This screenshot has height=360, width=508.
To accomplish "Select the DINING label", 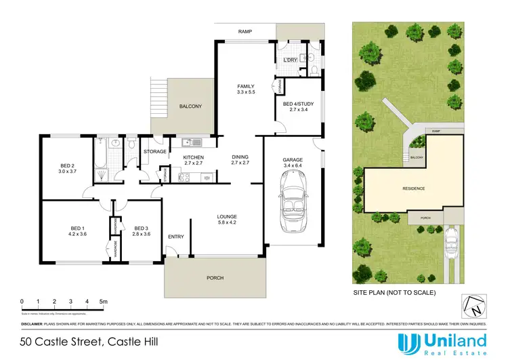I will [x=240, y=159].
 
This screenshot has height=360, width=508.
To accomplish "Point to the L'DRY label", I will [x=290, y=61].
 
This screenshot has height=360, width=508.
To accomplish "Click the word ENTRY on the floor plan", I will [x=175, y=237].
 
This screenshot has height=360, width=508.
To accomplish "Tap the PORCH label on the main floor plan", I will [x=215, y=278].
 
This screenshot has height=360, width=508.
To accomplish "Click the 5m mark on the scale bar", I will [x=103, y=301].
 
